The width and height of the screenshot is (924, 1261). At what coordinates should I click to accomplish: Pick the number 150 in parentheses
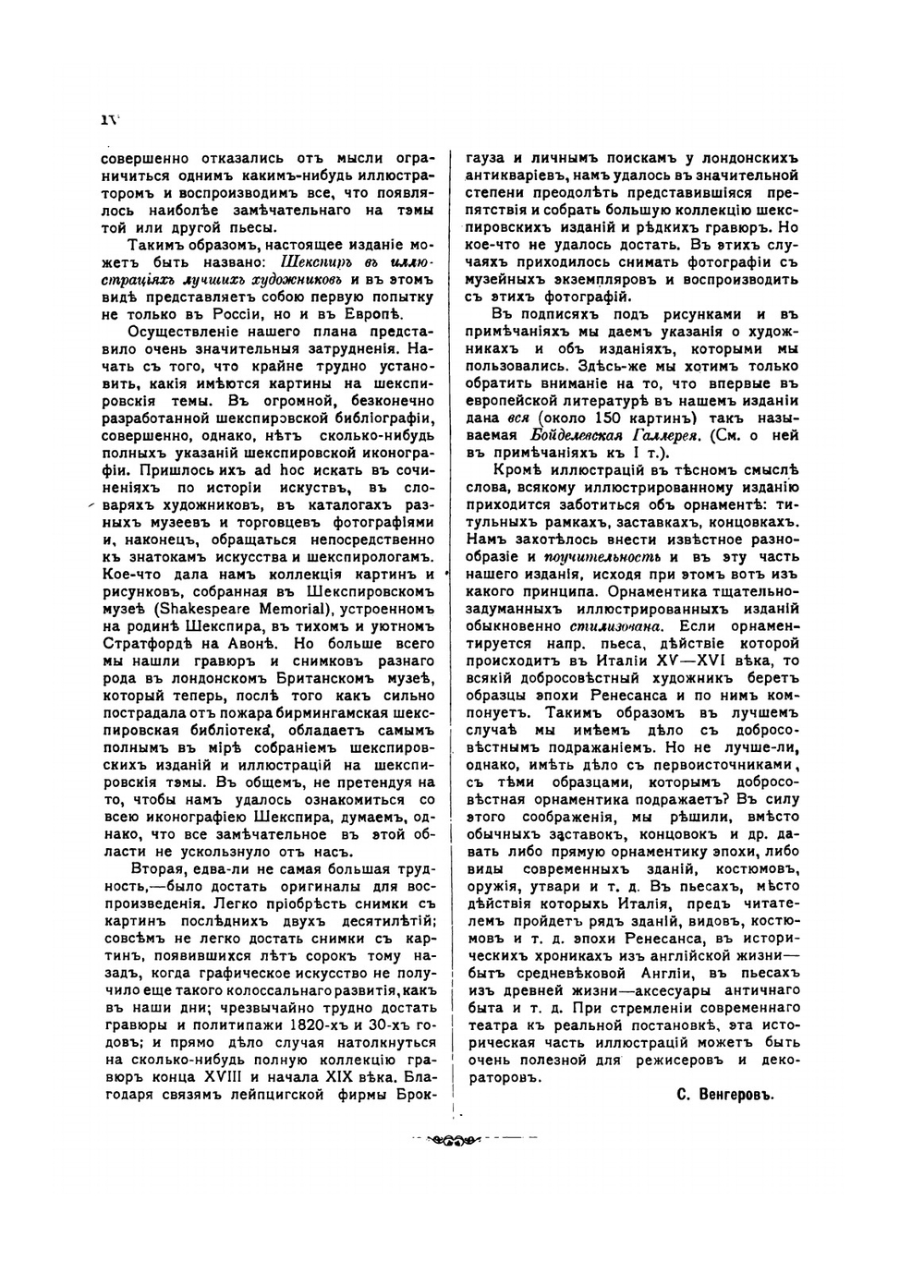tap(600, 418)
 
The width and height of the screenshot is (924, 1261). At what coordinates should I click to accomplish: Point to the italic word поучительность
tap(602, 557)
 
